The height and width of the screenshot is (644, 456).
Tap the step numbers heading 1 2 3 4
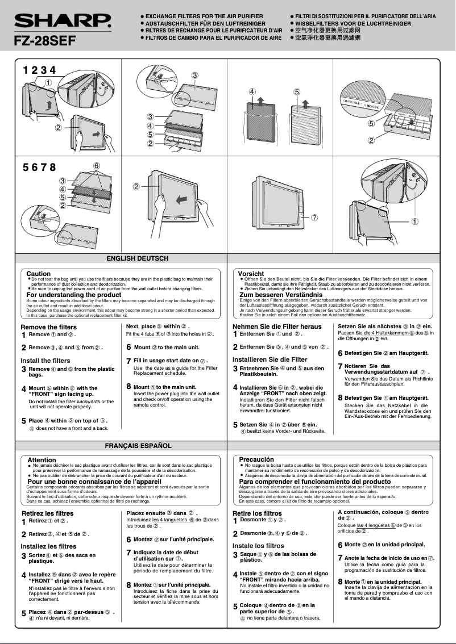39,70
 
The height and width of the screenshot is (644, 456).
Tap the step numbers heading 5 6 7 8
39,167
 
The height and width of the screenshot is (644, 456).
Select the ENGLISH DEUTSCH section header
138,258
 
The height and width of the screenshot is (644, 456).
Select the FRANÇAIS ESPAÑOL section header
138,446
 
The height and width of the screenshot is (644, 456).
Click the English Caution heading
39,274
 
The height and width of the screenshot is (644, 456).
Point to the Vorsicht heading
251,274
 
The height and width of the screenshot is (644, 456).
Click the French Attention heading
42,460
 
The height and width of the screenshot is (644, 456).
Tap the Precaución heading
256,459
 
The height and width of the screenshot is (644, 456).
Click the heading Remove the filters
48,327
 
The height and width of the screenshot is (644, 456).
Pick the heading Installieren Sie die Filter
270,359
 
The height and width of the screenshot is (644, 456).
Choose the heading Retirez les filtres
47,513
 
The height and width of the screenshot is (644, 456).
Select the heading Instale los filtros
258,546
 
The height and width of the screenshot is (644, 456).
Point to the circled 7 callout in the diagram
314,218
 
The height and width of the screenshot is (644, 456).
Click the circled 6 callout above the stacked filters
97,166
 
